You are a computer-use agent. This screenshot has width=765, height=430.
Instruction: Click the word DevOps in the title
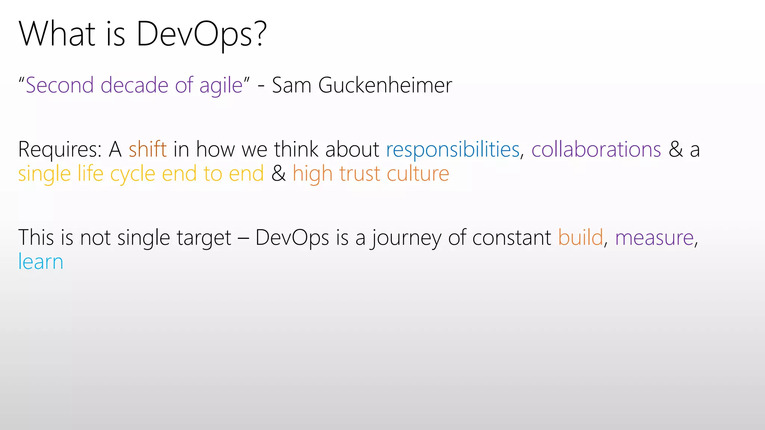click(x=194, y=34)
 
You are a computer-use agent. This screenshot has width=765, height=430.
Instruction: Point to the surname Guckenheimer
click(x=385, y=85)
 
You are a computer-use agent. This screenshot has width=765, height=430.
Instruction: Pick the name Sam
click(x=291, y=85)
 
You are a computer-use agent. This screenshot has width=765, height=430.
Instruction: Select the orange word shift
click(x=148, y=149)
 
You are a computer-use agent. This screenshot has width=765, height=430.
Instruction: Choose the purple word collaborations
click(x=596, y=149)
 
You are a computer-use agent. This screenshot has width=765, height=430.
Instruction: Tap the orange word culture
click(x=418, y=174)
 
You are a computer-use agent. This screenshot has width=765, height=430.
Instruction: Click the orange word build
click(x=580, y=237)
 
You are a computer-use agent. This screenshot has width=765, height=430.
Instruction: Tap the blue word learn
click(x=41, y=262)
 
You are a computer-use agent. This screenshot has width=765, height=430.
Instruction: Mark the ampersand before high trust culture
click(x=278, y=174)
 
